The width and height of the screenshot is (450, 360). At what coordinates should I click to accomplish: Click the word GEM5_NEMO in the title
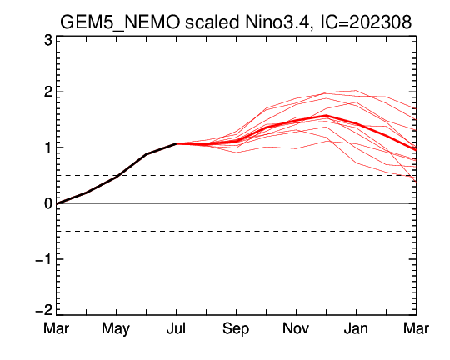pos(120,22)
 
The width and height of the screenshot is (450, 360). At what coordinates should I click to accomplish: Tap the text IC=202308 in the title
pos(366,22)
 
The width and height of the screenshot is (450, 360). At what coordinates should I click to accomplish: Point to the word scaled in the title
pos(212,22)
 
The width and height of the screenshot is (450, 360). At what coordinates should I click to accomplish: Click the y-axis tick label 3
pos(48,40)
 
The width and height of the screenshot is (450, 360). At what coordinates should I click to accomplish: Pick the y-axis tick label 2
pos(48,92)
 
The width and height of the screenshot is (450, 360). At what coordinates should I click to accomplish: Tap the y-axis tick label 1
pos(49,147)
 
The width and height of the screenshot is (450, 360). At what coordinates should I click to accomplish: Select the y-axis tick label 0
pos(48,203)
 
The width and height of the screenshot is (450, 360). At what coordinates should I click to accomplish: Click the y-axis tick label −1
pos(44,259)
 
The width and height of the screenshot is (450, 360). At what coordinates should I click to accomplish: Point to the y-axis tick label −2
pos(44,310)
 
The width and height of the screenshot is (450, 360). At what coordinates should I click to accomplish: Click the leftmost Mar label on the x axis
pos(57,327)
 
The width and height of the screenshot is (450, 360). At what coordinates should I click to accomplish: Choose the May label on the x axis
pos(116,328)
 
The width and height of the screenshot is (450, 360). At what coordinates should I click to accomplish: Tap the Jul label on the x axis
pos(176,327)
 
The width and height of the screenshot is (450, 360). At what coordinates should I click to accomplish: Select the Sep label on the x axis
pos(236,328)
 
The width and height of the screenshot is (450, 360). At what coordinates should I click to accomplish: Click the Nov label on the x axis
pos(296,327)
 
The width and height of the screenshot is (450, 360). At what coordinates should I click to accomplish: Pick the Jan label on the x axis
pos(356,327)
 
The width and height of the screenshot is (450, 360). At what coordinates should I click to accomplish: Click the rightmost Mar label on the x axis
pos(416,327)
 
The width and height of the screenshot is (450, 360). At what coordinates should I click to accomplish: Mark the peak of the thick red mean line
pos(326,116)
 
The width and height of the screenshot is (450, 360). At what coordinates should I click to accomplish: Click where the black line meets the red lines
pos(176,143)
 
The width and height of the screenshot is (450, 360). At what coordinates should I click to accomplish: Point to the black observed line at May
pos(116,177)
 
